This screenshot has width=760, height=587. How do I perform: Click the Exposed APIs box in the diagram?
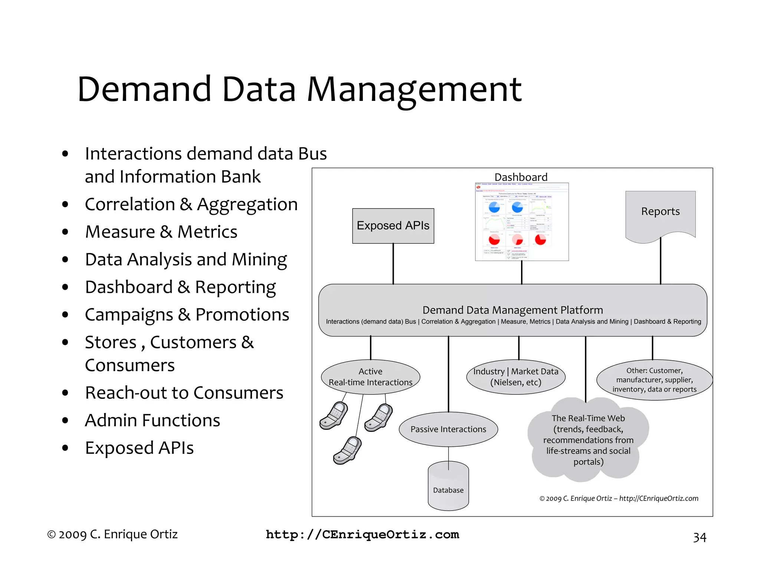pyautogui.click(x=393, y=226)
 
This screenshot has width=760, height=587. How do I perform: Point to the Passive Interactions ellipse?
pyautogui.click(x=448, y=429)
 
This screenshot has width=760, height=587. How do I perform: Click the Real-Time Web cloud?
pyautogui.click(x=588, y=440)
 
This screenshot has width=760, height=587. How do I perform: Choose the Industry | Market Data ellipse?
pyautogui.click(x=516, y=377)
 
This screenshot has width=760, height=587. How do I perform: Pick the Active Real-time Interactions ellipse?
pyautogui.click(x=370, y=377)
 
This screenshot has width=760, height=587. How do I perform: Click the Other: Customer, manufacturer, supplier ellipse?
pyautogui.click(x=654, y=380)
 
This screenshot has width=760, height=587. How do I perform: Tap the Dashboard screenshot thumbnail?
pyautogui.click(x=522, y=222)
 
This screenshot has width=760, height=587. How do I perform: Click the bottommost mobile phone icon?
pyautogui.click(x=347, y=450)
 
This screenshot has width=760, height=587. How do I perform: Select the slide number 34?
pyautogui.click(x=700, y=537)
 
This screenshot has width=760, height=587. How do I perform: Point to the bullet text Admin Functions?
pyautogui.click(x=153, y=420)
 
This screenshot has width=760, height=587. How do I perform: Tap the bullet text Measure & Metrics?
pyautogui.click(x=161, y=232)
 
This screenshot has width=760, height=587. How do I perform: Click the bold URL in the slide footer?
pyautogui.click(x=363, y=535)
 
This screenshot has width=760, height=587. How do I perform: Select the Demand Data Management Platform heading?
pyautogui.click(x=512, y=310)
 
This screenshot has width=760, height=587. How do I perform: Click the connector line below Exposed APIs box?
pyautogui.click(x=393, y=264)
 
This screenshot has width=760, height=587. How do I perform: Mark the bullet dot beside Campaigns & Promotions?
pyautogui.click(x=65, y=315)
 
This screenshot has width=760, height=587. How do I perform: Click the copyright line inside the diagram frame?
pyautogui.click(x=619, y=498)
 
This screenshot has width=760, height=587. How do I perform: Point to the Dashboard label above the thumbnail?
pyautogui.click(x=521, y=177)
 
